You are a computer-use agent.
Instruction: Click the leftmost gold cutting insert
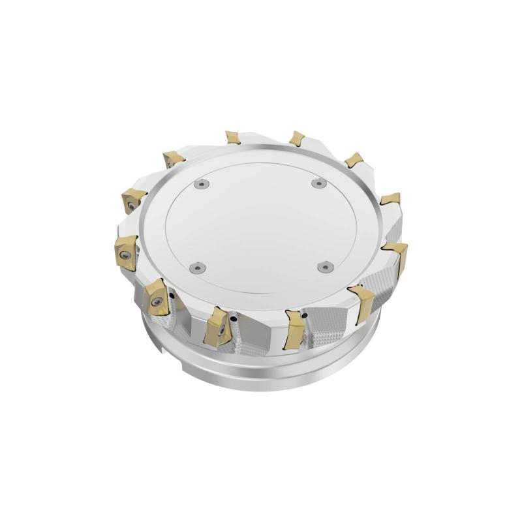click(x=125, y=251)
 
